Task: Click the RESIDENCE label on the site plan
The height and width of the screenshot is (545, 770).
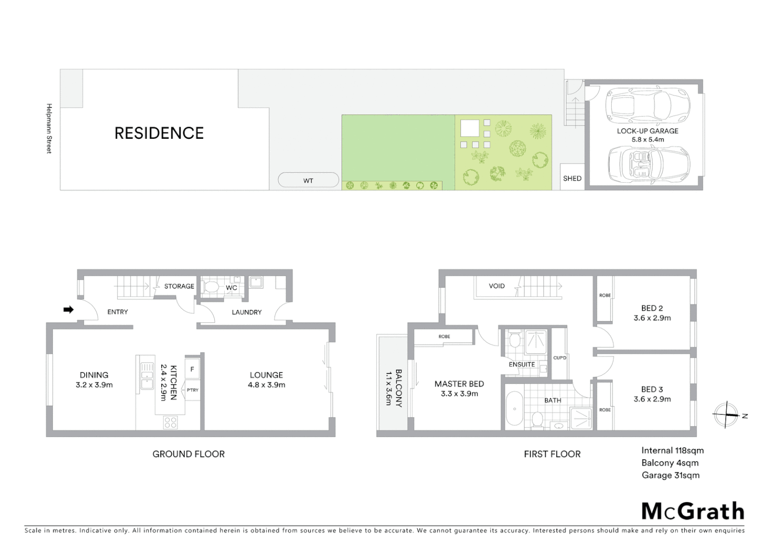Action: pyautogui.click(x=159, y=133)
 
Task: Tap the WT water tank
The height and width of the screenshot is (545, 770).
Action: pyautogui.click(x=308, y=180)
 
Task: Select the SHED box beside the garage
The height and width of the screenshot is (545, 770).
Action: pyautogui.click(x=572, y=178)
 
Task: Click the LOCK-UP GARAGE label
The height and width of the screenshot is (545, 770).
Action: pyautogui.click(x=648, y=131)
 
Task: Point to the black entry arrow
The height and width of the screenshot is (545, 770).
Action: pyautogui.click(x=68, y=309)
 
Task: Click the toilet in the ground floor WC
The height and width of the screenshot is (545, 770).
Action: pyautogui.click(x=211, y=287)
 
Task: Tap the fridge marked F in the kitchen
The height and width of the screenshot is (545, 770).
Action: pyautogui.click(x=192, y=369)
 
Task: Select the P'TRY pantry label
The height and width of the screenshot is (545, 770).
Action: pyautogui.click(x=192, y=390)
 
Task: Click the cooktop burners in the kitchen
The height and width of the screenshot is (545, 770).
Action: pyautogui.click(x=170, y=422)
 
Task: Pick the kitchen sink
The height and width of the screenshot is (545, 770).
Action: pyautogui.click(x=147, y=376)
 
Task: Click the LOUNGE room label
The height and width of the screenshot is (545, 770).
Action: pyautogui.click(x=266, y=375)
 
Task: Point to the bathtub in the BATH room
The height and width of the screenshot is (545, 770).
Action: pyautogui.click(x=514, y=409)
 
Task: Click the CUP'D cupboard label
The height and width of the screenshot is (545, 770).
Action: pyautogui.click(x=560, y=358)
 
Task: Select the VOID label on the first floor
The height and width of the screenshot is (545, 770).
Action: pyautogui.click(x=496, y=286)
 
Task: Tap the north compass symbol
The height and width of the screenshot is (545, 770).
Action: pyautogui.click(x=726, y=415)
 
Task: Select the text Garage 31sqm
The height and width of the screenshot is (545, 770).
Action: pyautogui.click(x=670, y=475)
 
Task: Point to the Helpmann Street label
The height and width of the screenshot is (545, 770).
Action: pyautogui.click(x=49, y=128)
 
